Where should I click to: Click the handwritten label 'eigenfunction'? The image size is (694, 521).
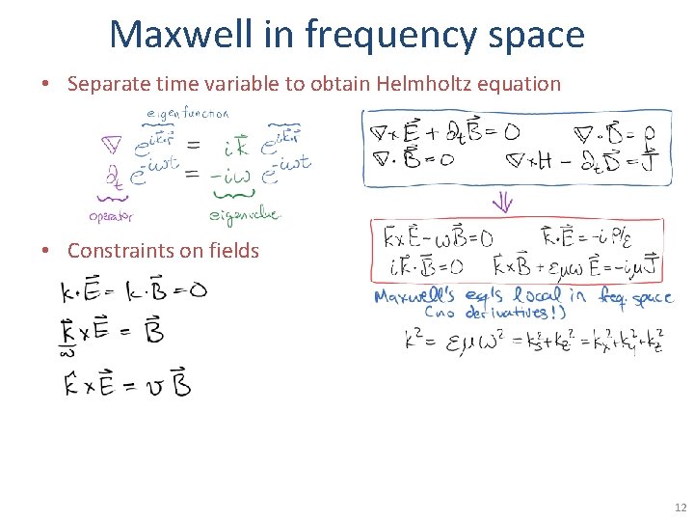point(187,113)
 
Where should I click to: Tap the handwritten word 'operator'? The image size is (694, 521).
point(110,216)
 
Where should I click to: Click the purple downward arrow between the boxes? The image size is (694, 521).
point(504,203)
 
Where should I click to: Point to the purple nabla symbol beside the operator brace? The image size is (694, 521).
point(112,148)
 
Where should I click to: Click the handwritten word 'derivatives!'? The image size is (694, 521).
point(516,313)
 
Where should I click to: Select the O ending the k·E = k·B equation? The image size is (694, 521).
point(197,290)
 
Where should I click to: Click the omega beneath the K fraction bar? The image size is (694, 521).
point(67,353)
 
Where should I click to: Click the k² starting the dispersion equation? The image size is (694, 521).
point(413,341)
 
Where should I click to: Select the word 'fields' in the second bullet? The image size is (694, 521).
point(234,251)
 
